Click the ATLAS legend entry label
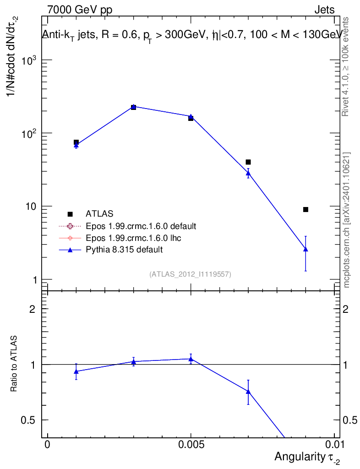(x=99, y=214)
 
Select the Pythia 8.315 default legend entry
(x=124, y=250)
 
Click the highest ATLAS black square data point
(x=134, y=107)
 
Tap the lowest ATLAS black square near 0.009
(x=305, y=209)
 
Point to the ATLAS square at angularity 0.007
(x=248, y=162)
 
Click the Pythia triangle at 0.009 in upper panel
(x=305, y=249)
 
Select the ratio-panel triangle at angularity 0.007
(x=248, y=392)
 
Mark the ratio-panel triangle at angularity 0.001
(x=76, y=371)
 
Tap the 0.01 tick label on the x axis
(x=335, y=445)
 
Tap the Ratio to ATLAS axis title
(x=14, y=365)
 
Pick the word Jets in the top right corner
(x=324, y=10)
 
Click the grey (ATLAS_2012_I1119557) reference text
(x=190, y=274)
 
